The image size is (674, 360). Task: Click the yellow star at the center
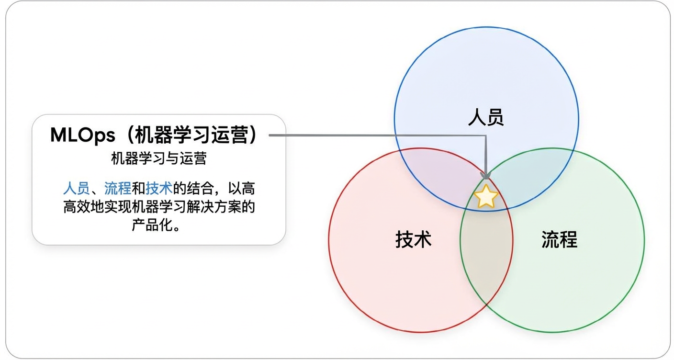(486, 196)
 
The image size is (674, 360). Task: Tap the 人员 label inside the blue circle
(486, 117)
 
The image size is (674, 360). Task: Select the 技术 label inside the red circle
(414, 239)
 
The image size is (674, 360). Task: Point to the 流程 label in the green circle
(559, 239)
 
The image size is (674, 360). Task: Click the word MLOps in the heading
(83, 135)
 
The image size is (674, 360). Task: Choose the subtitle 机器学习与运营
(158, 158)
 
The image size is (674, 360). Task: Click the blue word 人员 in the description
(76, 187)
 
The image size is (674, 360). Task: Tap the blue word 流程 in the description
(117, 187)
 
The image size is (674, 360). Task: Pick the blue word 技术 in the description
(158, 187)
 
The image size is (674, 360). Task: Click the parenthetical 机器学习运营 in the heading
(190, 135)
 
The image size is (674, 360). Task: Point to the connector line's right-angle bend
(486, 135)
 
